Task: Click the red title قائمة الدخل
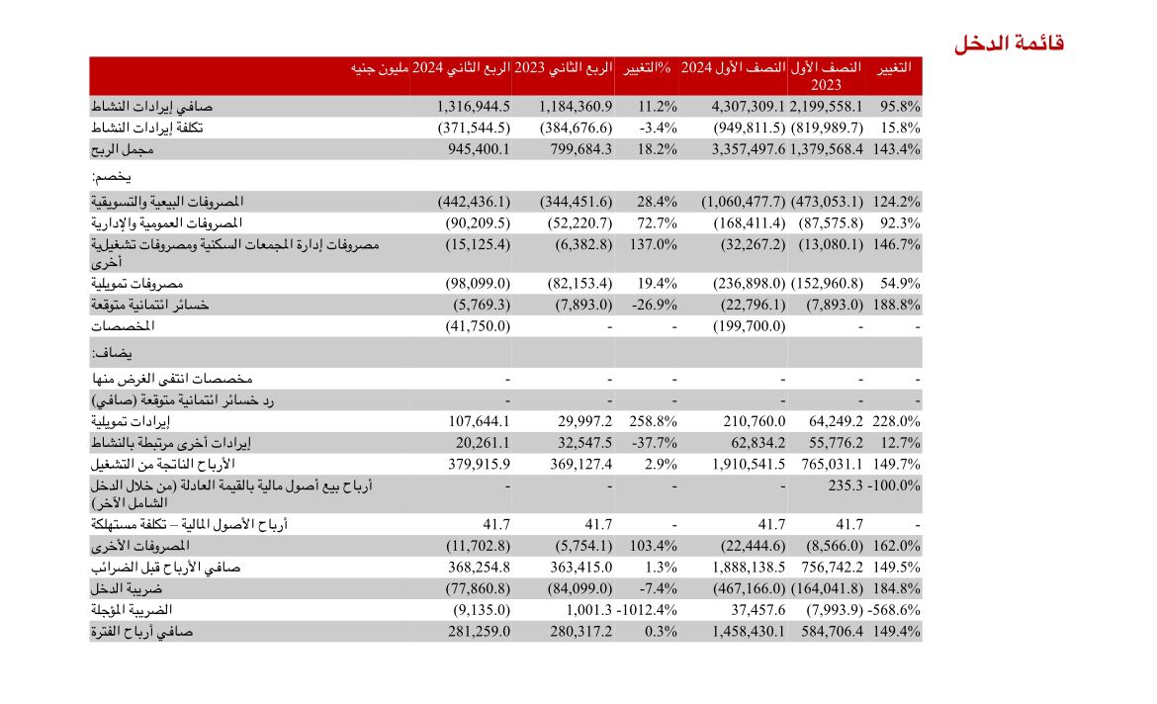coord(1009,44)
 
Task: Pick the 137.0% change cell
coord(653,243)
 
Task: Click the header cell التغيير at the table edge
coord(888,68)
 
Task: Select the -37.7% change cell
coord(653,443)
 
